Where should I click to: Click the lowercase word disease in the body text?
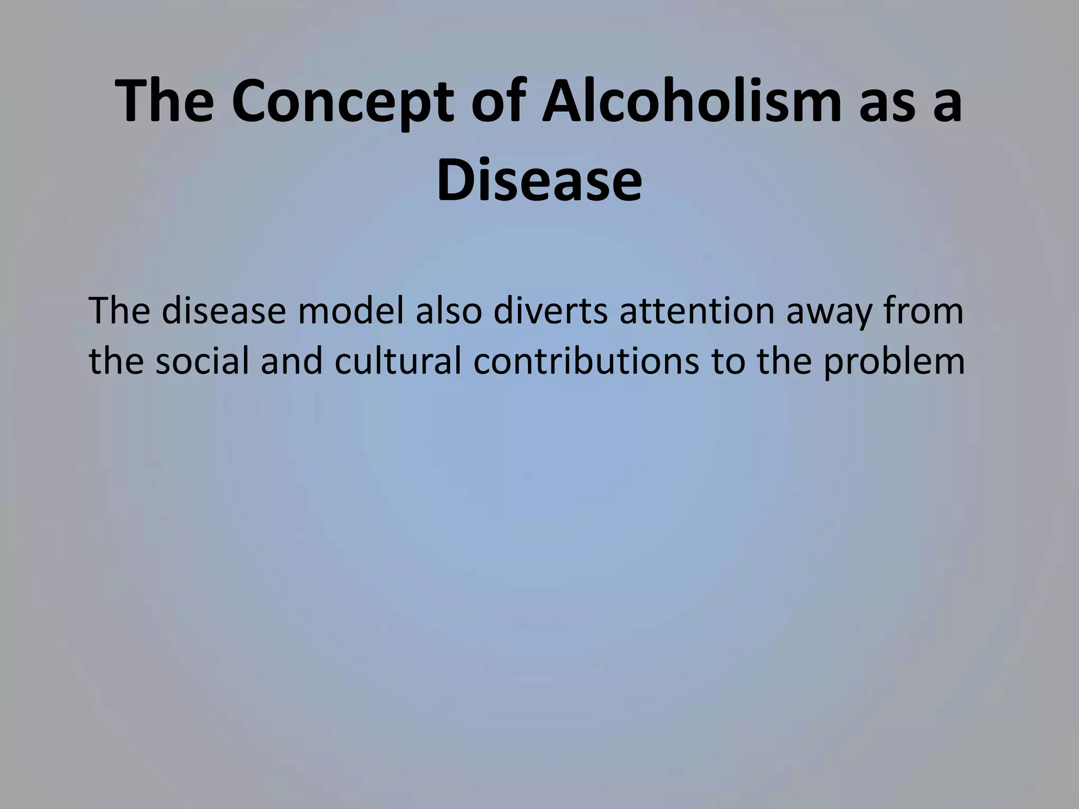click(220, 311)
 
